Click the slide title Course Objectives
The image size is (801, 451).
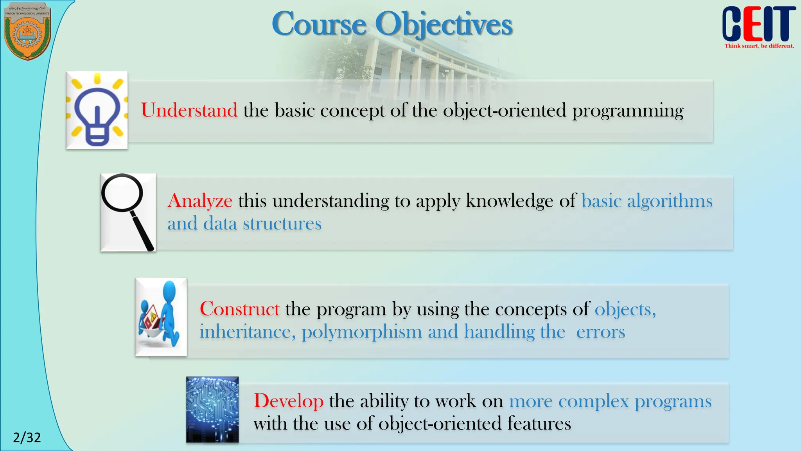pyautogui.click(x=392, y=24)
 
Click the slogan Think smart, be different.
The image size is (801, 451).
pyautogui.click(x=759, y=46)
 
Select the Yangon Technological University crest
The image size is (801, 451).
pyautogui.click(x=27, y=31)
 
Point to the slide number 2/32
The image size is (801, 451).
pyautogui.click(x=27, y=437)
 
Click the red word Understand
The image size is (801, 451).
pyautogui.click(x=189, y=110)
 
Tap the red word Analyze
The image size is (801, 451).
pyautogui.click(x=200, y=201)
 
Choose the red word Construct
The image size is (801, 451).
pyautogui.click(x=239, y=309)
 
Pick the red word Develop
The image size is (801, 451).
pyautogui.click(x=288, y=401)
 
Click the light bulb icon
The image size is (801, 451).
pyautogui.click(x=97, y=111)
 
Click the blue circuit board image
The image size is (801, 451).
pyautogui.click(x=212, y=410)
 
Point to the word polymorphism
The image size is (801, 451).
pyautogui.click(x=362, y=332)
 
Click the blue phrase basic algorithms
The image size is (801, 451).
pyautogui.click(x=647, y=201)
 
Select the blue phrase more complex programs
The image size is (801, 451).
pyautogui.click(x=610, y=401)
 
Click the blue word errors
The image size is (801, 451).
pyautogui.click(x=600, y=332)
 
